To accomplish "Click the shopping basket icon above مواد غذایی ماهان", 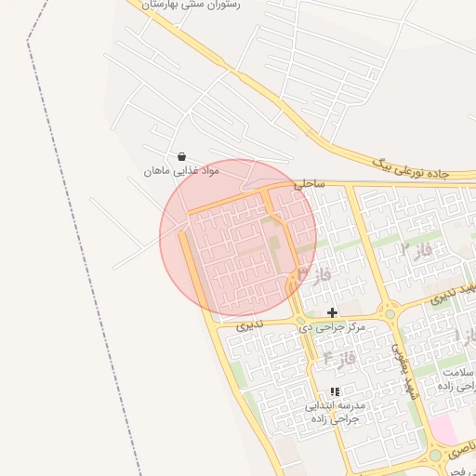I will pyautogui.click(x=181, y=156).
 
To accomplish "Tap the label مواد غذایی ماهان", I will pyautogui.click(x=180, y=171).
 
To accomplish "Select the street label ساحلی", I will pyautogui.click(x=310, y=185).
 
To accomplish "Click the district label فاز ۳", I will pyautogui.click(x=315, y=274).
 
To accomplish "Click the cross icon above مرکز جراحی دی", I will pyautogui.click(x=332, y=312).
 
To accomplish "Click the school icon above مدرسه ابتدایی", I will pyautogui.click(x=335, y=392).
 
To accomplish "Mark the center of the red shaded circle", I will pyautogui.click(x=238, y=237).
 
